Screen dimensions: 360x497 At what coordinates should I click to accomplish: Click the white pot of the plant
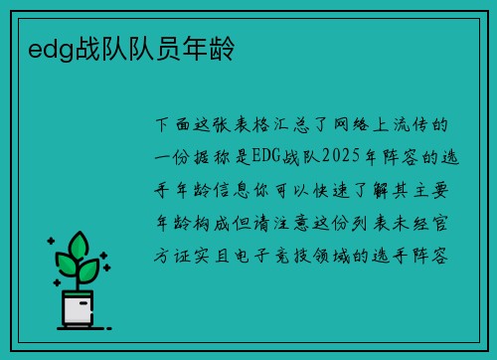point(76,309)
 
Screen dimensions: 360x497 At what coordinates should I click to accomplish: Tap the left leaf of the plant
point(65,265)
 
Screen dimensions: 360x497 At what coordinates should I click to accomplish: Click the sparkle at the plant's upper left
point(51,240)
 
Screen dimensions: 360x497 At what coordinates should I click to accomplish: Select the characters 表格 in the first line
point(250,127)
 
